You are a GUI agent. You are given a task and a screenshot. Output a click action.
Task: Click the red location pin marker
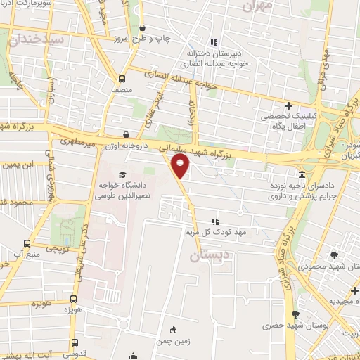181,167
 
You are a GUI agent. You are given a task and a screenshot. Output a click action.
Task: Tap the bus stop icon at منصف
122,79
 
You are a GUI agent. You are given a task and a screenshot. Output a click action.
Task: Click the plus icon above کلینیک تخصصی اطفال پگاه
288,105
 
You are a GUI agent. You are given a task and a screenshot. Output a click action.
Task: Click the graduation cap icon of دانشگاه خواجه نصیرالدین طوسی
121,175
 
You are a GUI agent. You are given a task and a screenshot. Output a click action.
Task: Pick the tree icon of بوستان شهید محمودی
333,255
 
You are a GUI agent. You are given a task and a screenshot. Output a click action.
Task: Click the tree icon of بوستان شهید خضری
296,314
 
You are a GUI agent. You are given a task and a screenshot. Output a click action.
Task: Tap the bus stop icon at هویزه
74,298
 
